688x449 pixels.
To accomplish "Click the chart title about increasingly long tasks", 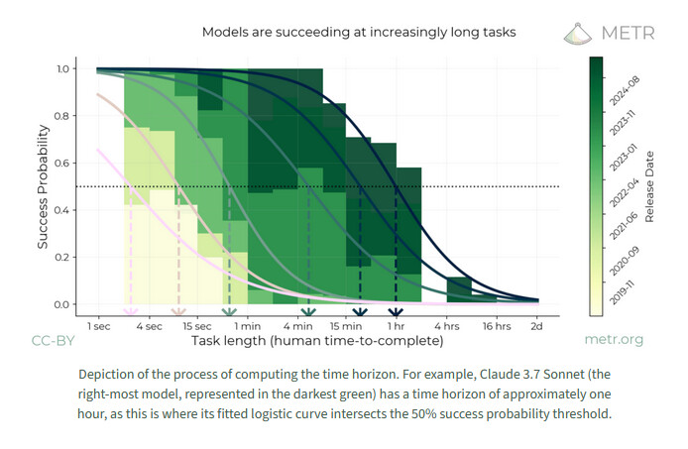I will point(359,32).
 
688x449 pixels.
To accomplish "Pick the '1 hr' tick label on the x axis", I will point(396,325).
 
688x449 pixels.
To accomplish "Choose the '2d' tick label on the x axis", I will point(537,325).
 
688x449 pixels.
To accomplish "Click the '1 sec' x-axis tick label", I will point(98,325).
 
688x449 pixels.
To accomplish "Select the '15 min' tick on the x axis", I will point(346,325).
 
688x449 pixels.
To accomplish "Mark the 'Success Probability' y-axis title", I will point(45,186).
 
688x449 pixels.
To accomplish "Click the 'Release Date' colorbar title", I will point(649,185).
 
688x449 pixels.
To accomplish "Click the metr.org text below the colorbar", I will point(614,341).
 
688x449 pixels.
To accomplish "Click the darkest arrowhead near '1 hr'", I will point(396,316).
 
